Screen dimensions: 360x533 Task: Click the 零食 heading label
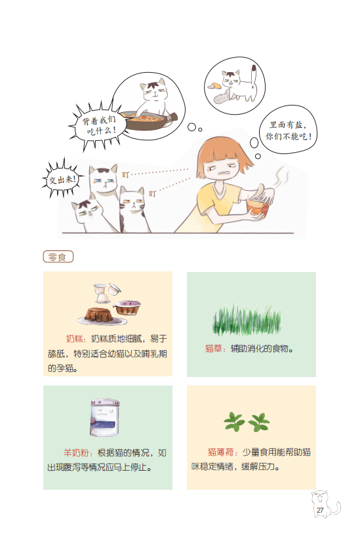tap(58, 257)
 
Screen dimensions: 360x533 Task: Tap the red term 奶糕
tap(75, 338)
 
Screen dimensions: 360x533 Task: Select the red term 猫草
tap(214, 348)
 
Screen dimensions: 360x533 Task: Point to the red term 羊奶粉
tap(76, 453)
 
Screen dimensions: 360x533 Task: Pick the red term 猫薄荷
tap(220, 452)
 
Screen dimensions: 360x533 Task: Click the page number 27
tap(320, 510)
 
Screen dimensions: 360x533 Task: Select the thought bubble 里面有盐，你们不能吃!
tap(288, 130)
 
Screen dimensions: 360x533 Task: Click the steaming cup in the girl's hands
tap(258, 208)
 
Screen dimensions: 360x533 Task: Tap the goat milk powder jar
tap(105, 418)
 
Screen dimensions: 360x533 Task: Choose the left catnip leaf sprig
tap(234, 422)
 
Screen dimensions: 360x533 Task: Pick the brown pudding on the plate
tap(100, 315)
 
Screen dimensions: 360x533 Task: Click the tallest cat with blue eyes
tap(104, 190)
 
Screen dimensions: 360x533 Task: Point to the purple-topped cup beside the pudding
tap(127, 307)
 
